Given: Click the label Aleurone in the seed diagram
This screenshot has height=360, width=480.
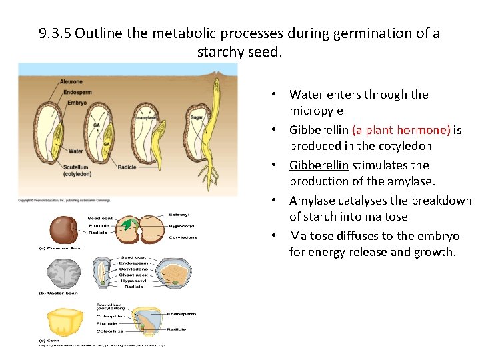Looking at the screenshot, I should point(71,82).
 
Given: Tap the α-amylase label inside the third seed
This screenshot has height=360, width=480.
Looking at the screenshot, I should point(146,118).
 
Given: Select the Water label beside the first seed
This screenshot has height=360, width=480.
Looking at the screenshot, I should point(75,151).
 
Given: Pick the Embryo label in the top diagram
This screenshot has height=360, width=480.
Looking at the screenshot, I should point(76,103).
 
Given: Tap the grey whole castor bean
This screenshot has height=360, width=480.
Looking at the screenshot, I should point(63,273).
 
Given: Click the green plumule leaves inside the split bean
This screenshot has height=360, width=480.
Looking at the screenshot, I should point(126,225).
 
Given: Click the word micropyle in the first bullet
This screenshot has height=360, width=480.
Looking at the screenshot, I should point(316,111).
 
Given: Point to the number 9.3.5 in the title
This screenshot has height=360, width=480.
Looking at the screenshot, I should point(55,33).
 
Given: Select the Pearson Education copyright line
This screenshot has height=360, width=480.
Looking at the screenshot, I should point(64,200).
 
